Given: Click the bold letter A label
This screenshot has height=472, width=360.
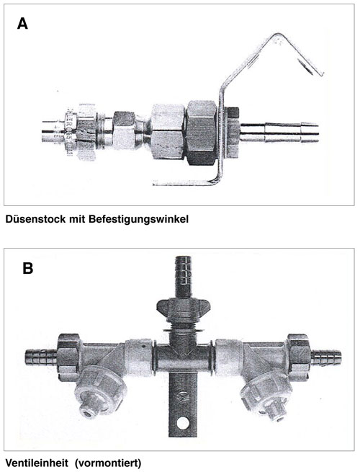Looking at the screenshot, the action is point(22,24).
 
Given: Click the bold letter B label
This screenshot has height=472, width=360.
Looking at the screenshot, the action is point(27,268).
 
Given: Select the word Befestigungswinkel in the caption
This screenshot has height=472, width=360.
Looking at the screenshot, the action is point(138,220).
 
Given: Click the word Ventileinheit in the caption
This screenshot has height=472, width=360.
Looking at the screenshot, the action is point(37,463).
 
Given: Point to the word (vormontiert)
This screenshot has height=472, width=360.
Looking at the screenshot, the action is point(108,463).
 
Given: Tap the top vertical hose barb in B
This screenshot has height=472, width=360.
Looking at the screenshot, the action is point(183,277).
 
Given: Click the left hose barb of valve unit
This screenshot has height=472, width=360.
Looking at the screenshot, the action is point(41,357).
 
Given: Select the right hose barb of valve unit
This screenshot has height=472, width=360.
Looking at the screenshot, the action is point(326,357).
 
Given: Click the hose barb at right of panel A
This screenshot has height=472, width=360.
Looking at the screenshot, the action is point(279,132).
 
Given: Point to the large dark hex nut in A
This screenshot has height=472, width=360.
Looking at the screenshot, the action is point(201,133).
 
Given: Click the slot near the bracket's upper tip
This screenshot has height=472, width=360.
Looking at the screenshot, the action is point(305,65).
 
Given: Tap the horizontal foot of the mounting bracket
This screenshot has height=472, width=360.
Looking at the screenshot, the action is point(184,182).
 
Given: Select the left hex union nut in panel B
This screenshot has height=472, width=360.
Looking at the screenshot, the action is point(68,355).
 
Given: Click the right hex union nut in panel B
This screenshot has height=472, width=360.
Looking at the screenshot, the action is point(299,355).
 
